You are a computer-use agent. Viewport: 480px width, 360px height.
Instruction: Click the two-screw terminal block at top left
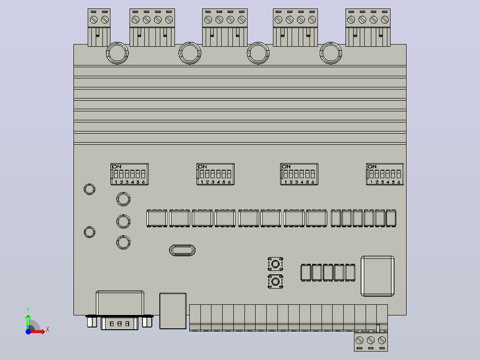(99, 28)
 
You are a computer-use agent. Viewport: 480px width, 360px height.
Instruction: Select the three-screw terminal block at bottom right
(371, 340)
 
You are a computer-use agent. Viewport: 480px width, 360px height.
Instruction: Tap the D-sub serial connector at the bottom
(120, 310)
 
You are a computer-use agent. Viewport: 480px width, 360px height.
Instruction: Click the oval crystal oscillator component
(182, 250)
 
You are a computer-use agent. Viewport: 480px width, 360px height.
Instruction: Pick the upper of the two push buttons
(275, 264)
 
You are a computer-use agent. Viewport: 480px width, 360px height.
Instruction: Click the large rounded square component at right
(378, 276)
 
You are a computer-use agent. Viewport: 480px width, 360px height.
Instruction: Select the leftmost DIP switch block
(130, 174)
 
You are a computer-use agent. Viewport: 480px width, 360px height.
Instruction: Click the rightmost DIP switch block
(385, 174)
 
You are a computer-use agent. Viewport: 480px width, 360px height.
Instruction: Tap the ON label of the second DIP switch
(203, 167)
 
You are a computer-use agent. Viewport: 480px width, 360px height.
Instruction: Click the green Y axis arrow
(28, 322)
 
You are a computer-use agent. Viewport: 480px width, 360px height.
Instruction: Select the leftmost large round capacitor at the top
(117, 53)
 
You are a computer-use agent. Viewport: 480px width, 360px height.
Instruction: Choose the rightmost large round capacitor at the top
(330, 53)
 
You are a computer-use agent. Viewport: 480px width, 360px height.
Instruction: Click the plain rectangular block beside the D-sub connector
(173, 311)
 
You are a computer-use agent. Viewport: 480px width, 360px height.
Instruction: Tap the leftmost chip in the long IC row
(157, 218)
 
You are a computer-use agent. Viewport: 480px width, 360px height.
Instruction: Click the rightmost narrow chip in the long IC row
(391, 218)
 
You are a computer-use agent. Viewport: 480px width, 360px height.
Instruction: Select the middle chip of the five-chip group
(328, 272)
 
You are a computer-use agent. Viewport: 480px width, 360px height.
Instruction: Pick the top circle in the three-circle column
(123, 199)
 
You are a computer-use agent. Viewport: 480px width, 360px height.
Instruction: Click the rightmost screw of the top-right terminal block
(385, 20)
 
